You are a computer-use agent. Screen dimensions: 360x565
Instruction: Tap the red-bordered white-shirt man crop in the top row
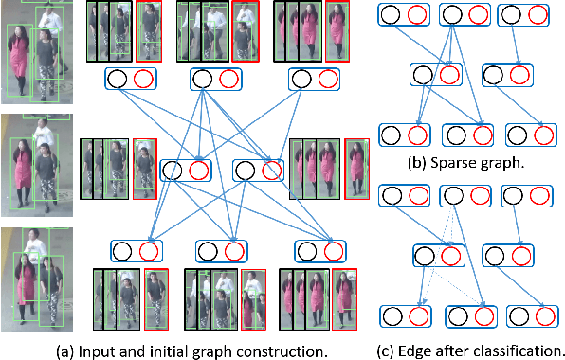245,31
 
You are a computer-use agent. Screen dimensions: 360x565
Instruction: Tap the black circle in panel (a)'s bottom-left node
122,251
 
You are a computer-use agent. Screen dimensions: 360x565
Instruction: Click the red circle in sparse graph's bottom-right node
539,135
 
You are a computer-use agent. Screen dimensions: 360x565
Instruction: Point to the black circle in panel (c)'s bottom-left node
390,314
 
